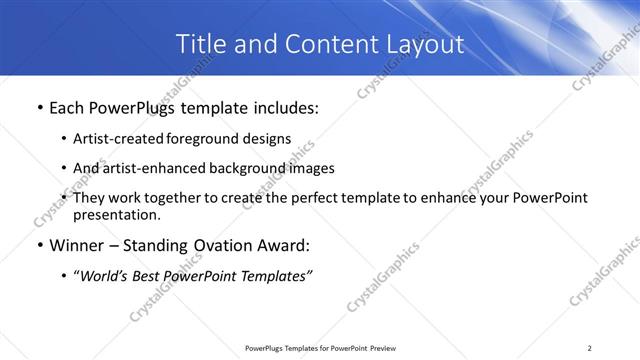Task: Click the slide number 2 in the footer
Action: pos(589,348)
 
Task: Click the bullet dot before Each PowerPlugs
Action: pos(39,107)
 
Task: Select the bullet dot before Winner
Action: pos(39,245)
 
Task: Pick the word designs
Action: pos(269,139)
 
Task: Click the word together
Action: pos(177,199)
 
